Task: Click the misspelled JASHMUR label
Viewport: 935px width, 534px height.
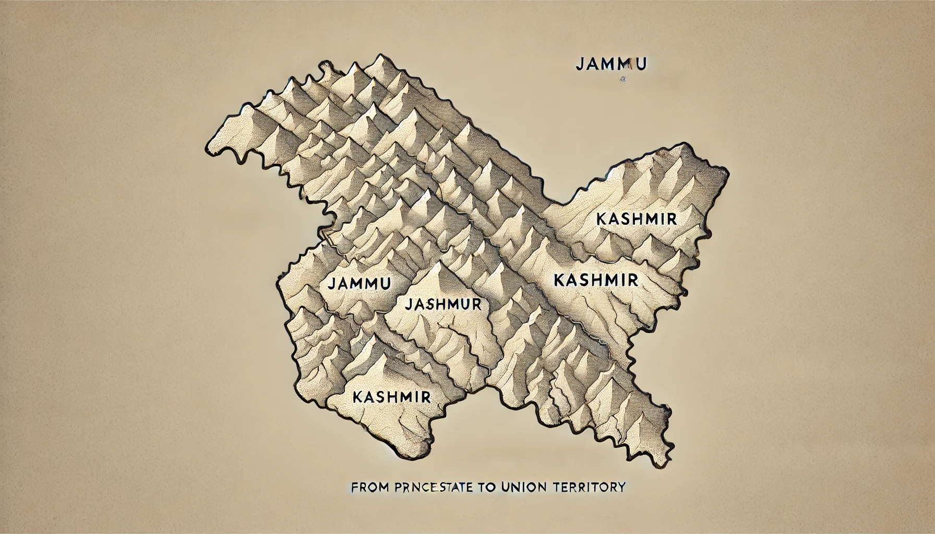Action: tap(442, 304)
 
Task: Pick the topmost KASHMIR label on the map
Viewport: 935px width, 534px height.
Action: tap(636, 219)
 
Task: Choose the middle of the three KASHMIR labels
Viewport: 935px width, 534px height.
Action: tap(595, 281)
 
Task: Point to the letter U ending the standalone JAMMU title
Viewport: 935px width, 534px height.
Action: tap(641, 64)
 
